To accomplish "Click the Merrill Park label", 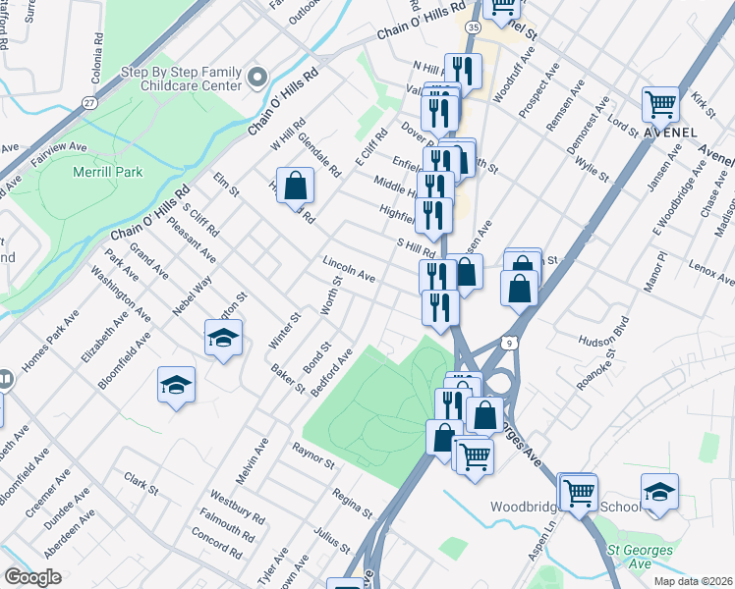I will coord(108,172).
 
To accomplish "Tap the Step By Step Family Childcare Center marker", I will coord(258,78).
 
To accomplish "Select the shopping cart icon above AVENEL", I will coord(661,103).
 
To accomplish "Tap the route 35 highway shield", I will coord(474,28).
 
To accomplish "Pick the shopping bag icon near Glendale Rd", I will coord(294,184).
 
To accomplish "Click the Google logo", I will coord(32,577).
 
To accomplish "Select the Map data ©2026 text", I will coord(693,581).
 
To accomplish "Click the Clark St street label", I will coord(141,483).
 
